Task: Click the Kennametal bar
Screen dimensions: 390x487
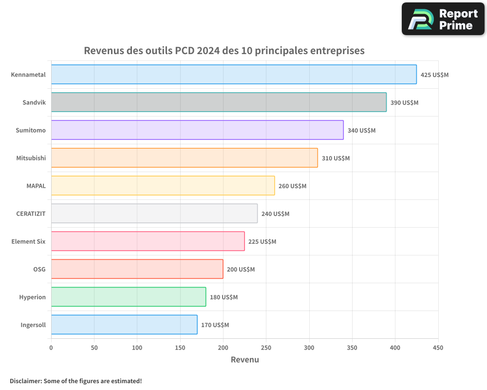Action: tap(234, 75)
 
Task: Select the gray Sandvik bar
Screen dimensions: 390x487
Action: tap(219, 102)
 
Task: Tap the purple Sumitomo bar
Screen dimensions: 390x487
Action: tap(197, 130)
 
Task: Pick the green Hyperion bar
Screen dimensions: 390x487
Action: tap(129, 297)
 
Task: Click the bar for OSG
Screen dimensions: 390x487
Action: tap(137, 269)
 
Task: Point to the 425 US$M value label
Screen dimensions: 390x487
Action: tap(434, 75)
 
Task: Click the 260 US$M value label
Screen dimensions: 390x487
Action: tap(292, 186)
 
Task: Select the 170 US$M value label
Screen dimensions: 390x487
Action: tap(215, 325)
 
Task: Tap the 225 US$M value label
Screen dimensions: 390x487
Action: tap(262, 242)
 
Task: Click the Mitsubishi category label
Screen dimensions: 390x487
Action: tap(31, 158)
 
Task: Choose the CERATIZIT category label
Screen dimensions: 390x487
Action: tap(31, 214)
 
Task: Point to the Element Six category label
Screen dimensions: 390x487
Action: tap(28, 241)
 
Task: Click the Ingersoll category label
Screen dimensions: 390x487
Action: tap(33, 325)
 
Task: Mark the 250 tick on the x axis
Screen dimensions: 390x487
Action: tap(266, 348)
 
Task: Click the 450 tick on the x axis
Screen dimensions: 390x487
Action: tap(438, 348)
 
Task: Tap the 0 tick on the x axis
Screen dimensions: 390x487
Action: tap(51, 348)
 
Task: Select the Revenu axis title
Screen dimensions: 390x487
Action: tap(244, 360)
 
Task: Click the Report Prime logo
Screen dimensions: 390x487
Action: tap(443, 19)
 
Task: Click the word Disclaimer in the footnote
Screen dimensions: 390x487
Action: tap(25, 381)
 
